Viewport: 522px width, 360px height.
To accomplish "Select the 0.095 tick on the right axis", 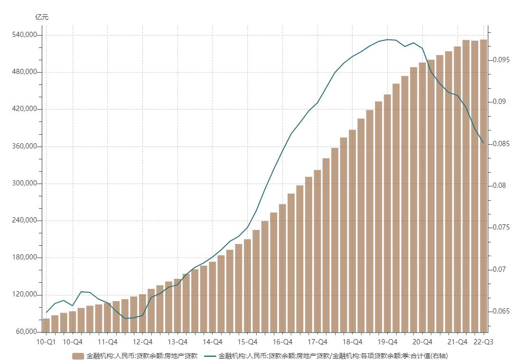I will click(501, 60).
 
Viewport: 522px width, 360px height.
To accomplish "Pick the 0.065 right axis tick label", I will click(501, 311).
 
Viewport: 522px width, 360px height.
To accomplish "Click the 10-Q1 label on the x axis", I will click(46, 342).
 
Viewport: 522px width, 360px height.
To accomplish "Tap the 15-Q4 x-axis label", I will click(247, 342).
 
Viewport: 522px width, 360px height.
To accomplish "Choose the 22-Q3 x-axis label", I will click(484, 342).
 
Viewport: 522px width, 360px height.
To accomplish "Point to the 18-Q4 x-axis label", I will click(352, 342).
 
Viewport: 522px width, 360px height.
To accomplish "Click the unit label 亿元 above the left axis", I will click(42, 18).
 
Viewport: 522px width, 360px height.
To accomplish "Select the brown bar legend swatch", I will click(78, 356).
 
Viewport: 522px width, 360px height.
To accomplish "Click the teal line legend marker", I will click(210, 356).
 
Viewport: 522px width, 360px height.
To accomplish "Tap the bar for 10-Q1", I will click(46, 325).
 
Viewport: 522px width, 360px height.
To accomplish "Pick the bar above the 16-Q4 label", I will click(282, 268).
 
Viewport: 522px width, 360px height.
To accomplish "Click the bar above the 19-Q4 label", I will click(387, 213).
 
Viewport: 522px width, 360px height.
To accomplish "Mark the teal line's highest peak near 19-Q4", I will click(388, 39).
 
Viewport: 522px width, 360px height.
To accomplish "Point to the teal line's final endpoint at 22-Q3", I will click(483, 143).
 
